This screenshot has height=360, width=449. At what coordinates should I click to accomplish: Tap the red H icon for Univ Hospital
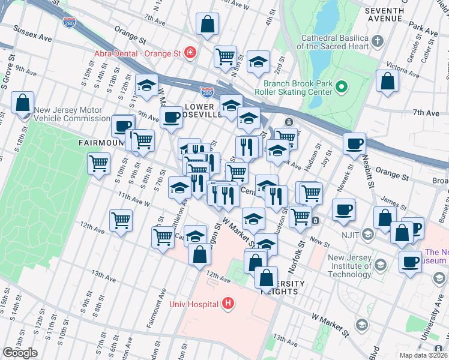pyautogui.click(x=228, y=304)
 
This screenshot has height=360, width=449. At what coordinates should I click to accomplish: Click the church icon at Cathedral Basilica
pyautogui.click(x=378, y=41)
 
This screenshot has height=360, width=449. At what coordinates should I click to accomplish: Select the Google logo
pyautogui.click(x=20, y=352)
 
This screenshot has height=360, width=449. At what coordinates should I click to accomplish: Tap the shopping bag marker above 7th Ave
pyautogui.click(x=207, y=25)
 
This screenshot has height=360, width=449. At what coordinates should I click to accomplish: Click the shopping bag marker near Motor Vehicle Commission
pyautogui.click(x=22, y=103)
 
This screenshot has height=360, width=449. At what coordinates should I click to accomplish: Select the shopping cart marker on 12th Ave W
pyautogui.click(x=121, y=221)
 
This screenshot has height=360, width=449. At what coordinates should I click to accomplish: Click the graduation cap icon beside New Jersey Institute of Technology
pyautogui.click(x=379, y=265)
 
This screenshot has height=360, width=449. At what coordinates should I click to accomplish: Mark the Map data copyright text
pyautogui.click(x=424, y=355)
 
